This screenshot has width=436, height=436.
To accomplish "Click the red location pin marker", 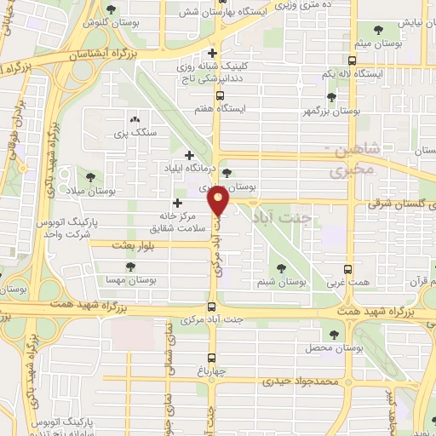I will pyautogui.click(x=219, y=203).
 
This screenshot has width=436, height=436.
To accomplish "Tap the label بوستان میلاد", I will pyautogui.click(x=95, y=192).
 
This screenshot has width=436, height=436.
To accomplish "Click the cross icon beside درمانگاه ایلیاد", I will pyautogui.click(x=189, y=155).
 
